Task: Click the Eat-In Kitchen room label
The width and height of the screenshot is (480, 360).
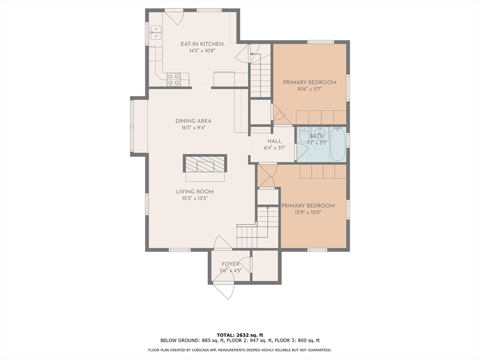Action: (x=202, y=44)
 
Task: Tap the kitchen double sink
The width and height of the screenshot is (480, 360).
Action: (x=156, y=33)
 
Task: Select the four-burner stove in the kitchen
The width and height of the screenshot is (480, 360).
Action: (x=173, y=80)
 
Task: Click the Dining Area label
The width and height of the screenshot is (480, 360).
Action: (x=194, y=121)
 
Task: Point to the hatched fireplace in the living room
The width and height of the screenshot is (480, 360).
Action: (x=205, y=164)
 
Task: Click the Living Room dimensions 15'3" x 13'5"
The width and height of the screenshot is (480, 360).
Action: (x=195, y=198)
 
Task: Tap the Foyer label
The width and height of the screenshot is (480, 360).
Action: (x=231, y=264)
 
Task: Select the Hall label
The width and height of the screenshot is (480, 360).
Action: (x=275, y=141)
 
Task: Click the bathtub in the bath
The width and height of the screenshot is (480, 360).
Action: (x=338, y=144)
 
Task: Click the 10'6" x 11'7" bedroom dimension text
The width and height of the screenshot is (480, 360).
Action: (x=309, y=90)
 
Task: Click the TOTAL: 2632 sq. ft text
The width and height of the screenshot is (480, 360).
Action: (x=240, y=335)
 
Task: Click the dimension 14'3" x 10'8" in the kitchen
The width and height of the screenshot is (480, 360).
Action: (x=202, y=51)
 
